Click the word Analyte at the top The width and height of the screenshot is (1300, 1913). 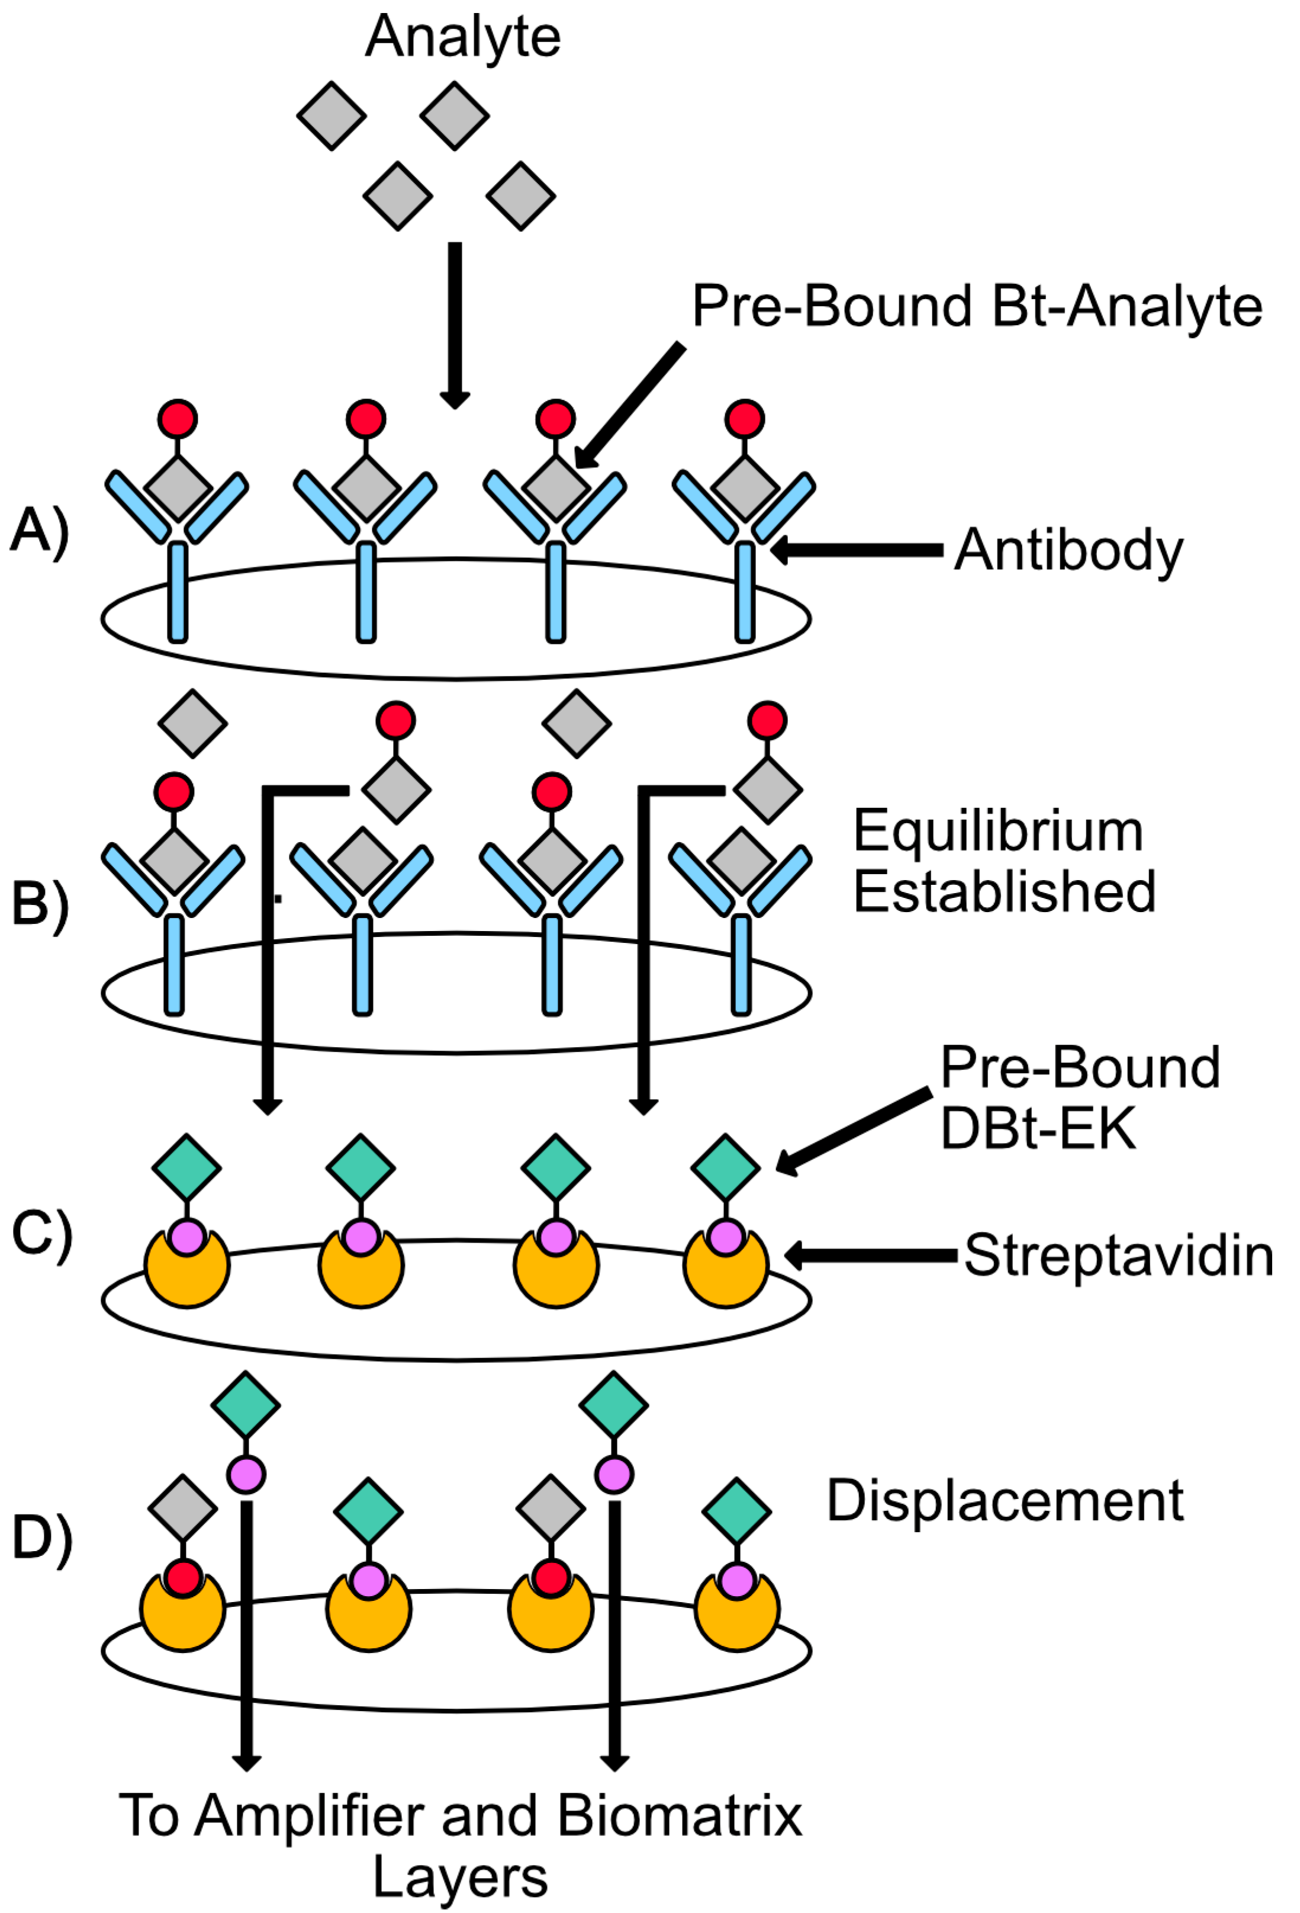click(462, 38)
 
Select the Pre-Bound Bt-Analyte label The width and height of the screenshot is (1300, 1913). click(977, 306)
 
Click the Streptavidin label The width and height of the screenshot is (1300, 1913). click(1119, 1256)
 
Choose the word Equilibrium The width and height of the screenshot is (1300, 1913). click(998, 832)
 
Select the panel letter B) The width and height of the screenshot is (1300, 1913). click(40, 906)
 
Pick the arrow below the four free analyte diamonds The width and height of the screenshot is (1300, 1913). click(455, 325)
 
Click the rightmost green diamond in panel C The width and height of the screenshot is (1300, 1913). click(725, 1167)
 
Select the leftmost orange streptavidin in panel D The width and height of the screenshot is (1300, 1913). click(183, 1610)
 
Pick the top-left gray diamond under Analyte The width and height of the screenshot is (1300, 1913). click(332, 116)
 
